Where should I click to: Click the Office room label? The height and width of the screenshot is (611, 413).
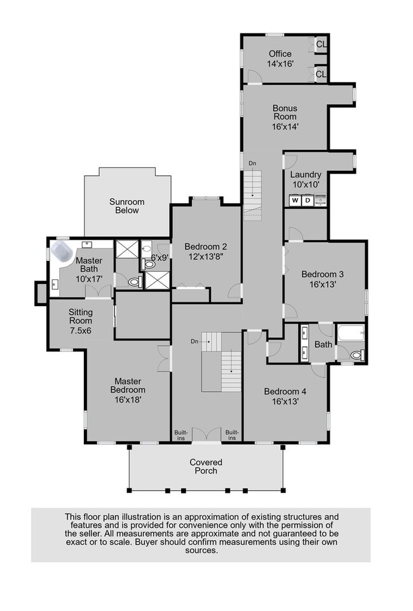tap(280, 54)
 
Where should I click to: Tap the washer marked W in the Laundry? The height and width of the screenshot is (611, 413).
tap(295, 201)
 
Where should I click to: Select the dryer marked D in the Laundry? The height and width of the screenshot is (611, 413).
tap(308, 201)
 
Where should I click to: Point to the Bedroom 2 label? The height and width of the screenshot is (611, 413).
tap(205, 246)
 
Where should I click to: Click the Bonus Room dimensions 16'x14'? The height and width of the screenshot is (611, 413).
tap(285, 126)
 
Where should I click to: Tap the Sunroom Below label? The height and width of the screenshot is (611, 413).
tap(126, 206)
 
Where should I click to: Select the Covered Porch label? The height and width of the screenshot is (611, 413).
tap(206, 466)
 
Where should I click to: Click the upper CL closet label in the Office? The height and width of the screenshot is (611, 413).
tap(321, 44)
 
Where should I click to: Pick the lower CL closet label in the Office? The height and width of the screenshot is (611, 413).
tap(321, 74)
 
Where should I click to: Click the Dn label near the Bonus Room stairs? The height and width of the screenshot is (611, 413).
tap(252, 163)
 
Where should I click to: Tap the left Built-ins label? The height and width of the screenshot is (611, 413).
tap(181, 435)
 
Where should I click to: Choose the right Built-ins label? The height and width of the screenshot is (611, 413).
tap(232, 435)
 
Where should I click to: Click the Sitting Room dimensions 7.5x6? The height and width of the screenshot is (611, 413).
tap(81, 331)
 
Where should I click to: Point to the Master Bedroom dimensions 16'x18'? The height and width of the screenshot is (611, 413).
tap(128, 399)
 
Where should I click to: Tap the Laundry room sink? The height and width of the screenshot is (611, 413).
tap(320, 200)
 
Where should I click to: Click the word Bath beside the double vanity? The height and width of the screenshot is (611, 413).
tap(323, 344)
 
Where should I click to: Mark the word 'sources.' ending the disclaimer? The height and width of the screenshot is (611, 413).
tap(201, 551)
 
